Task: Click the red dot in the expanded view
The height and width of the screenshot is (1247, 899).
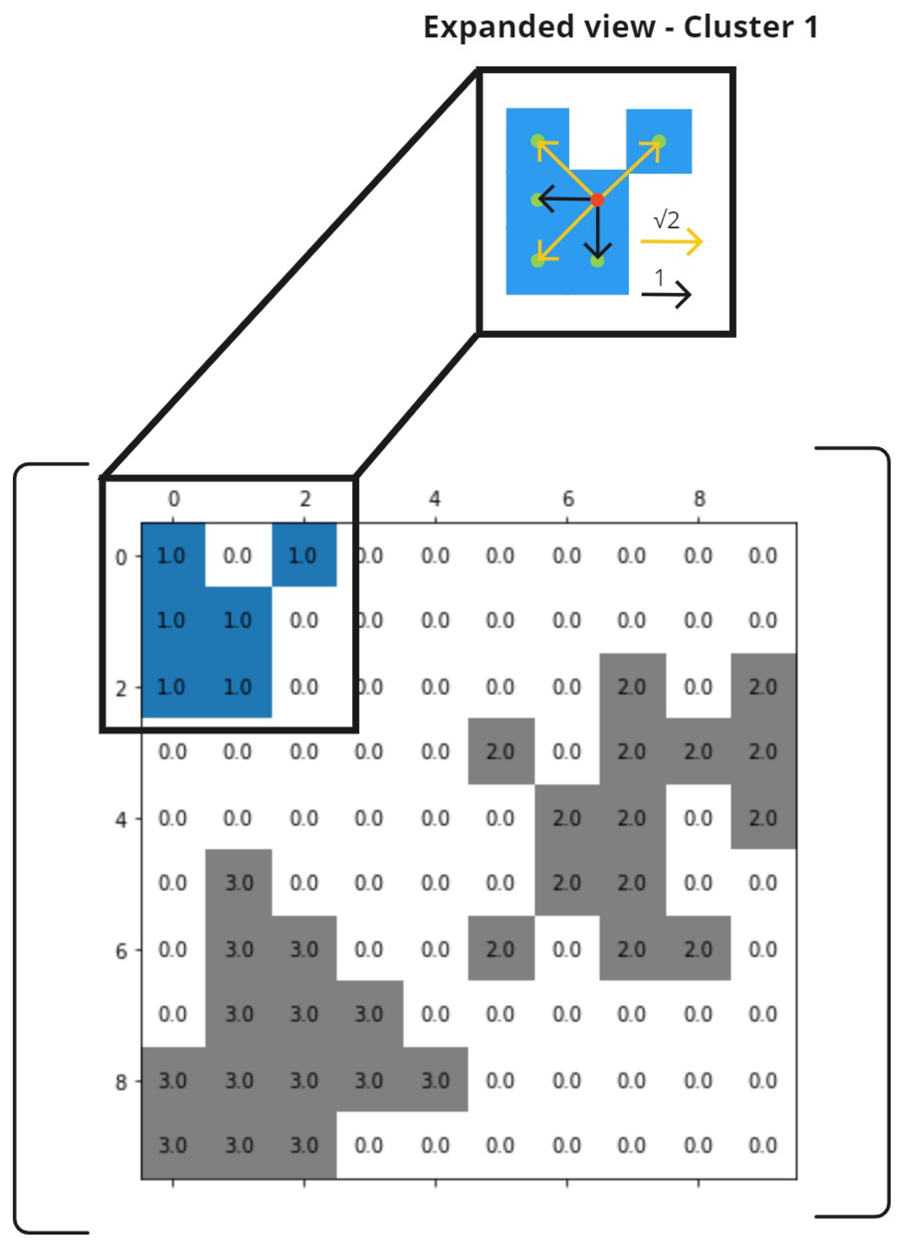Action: point(597,200)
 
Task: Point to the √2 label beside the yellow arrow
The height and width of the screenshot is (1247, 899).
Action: point(666,220)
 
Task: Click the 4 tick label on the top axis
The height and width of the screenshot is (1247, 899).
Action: point(435,499)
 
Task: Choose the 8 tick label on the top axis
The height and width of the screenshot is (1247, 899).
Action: point(699,499)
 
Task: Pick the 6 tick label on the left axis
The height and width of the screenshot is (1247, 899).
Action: point(121,951)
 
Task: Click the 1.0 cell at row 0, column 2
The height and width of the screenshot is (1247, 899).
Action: point(303,556)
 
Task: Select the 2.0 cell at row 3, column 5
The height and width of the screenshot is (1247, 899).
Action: point(500,752)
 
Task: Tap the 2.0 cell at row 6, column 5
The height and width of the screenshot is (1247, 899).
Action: point(500,949)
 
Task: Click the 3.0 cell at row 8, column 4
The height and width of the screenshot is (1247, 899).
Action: point(435,1081)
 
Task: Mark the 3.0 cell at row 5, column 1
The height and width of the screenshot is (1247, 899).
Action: point(238,883)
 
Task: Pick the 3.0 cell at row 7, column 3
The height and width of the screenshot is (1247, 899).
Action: point(369,1014)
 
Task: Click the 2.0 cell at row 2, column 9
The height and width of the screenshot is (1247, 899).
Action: point(763,687)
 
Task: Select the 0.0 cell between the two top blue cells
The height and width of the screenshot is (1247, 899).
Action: point(238,556)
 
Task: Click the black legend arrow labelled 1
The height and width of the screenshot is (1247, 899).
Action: point(666,295)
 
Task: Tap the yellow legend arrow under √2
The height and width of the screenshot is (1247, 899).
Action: point(671,241)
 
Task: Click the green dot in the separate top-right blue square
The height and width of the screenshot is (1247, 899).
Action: point(659,141)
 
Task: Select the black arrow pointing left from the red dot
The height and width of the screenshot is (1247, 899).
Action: point(564,200)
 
